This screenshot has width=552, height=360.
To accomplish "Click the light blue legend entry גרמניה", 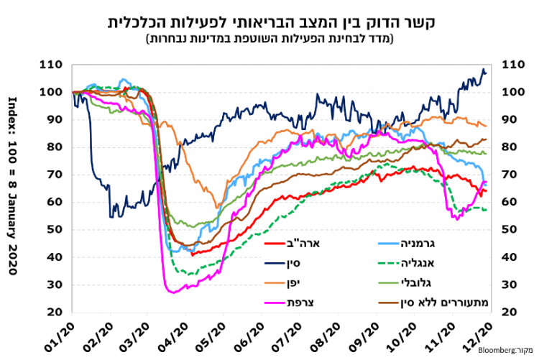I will pyautogui.click(x=474, y=244).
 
